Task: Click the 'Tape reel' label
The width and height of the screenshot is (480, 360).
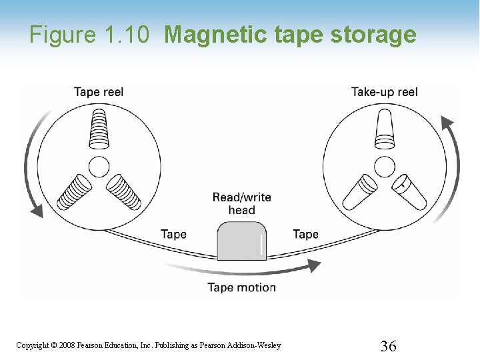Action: pyautogui.click(x=98, y=92)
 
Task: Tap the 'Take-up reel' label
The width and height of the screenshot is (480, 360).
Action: pyautogui.click(x=384, y=92)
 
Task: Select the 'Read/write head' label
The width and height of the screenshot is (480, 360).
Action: pyautogui.click(x=241, y=203)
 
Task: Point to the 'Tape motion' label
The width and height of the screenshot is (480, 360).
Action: pyautogui.click(x=241, y=287)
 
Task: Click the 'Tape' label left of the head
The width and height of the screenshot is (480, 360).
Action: pyautogui.click(x=173, y=234)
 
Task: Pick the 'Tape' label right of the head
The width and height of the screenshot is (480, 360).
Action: pyautogui.click(x=305, y=234)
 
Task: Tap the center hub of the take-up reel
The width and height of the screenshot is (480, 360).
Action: pyautogui.click(x=385, y=166)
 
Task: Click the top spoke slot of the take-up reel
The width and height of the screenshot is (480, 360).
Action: pyautogui.click(x=385, y=129)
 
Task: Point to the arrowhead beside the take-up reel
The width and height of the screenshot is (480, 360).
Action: pyautogui.click(x=447, y=122)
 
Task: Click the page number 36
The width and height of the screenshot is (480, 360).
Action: pyautogui.click(x=389, y=345)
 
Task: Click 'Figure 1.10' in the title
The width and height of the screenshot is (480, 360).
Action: pyautogui.click(x=89, y=35)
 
